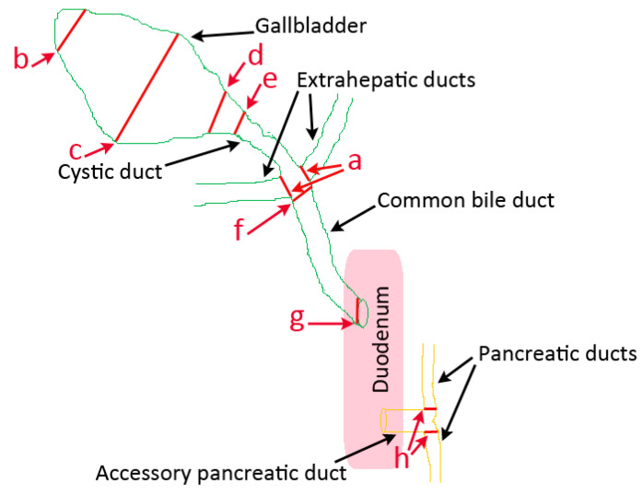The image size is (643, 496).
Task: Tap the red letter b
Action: (21, 60)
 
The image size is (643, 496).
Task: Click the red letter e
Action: (270, 81)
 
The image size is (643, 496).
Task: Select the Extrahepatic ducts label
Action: (386, 80)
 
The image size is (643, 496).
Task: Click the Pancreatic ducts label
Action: (556, 354)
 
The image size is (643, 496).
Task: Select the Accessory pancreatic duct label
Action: (221, 474)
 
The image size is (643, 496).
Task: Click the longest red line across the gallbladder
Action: (146, 89)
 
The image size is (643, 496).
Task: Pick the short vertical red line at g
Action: (357, 311)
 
